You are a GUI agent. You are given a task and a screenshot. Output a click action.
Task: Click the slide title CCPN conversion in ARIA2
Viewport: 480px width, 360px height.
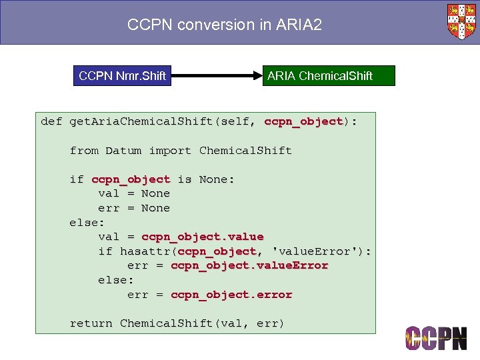point(225,25)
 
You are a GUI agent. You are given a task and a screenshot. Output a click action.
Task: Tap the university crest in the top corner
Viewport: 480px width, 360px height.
point(461,21)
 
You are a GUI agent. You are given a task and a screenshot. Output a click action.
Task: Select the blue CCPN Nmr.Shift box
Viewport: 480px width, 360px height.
point(122,76)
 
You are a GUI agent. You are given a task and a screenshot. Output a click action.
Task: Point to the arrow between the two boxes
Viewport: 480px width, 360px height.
point(215,76)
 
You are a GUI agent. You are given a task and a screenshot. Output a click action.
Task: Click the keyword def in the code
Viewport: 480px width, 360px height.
point(51,121)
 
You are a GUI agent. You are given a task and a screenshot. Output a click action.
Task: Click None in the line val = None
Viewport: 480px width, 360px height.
point(155,193)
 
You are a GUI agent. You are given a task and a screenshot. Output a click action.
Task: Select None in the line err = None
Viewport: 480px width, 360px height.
point(155,208)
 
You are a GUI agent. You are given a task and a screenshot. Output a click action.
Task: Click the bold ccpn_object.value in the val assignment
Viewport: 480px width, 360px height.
point(202,237)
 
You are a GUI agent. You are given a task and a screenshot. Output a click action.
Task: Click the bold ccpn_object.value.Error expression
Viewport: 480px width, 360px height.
point(249,265)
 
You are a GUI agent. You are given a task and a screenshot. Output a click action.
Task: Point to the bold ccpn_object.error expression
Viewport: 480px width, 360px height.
point(231,295)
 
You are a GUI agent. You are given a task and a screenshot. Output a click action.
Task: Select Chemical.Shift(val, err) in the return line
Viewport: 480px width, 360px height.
point(202,323)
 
